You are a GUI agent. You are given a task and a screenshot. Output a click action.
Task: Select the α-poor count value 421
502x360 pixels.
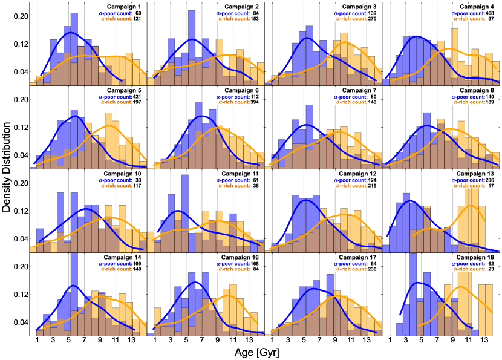click(x=138, y=96)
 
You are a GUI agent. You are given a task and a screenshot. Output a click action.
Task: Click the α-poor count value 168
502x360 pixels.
click(x=256, y=264)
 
